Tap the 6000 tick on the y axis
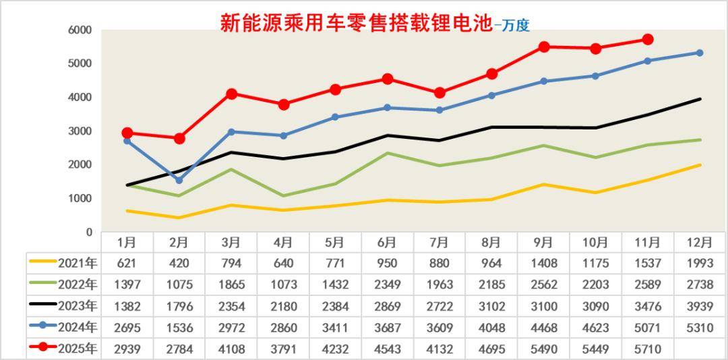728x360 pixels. click(x=80, y=30)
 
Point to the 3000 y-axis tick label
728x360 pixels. click(x=80, y=131)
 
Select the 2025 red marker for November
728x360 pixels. click(x=647, y=40)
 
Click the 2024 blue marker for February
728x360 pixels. click(x=179, y=180)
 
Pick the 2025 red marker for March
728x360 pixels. click(x=231, y=94)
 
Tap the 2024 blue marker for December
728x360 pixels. click(x=700, y=53)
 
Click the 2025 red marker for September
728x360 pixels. click(x=543, y=47)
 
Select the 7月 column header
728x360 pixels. click(x=439, y=242)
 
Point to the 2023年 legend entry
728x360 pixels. click(x=64, y=306)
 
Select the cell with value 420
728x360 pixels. click(x=179, y=263)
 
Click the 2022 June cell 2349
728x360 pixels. click(x=388, y=284)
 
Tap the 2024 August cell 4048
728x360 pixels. click(x=491, y=328)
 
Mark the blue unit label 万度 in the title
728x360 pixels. click(x=515, y=26)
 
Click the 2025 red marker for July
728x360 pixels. click(x=439, y=93)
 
